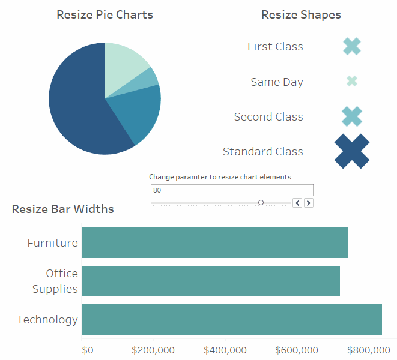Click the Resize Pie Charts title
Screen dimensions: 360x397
point(105,14)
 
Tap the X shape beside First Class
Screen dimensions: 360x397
point(352,46)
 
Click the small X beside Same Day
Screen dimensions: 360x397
point(352,81)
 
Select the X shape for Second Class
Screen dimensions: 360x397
point(352,116)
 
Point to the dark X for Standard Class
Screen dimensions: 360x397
point(352,151)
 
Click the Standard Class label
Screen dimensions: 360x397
point(262,152)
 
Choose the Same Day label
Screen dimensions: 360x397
point(276,82)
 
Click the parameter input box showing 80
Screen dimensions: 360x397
point(232,190)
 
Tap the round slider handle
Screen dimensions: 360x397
point(261,203)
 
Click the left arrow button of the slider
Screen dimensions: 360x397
point(297,203)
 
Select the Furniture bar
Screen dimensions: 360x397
point(214,242)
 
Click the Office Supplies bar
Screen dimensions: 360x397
point(210,281)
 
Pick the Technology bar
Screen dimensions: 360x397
point(231,319)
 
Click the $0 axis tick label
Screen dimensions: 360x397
point(88,350)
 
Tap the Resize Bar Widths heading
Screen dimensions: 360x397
point(62,209)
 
